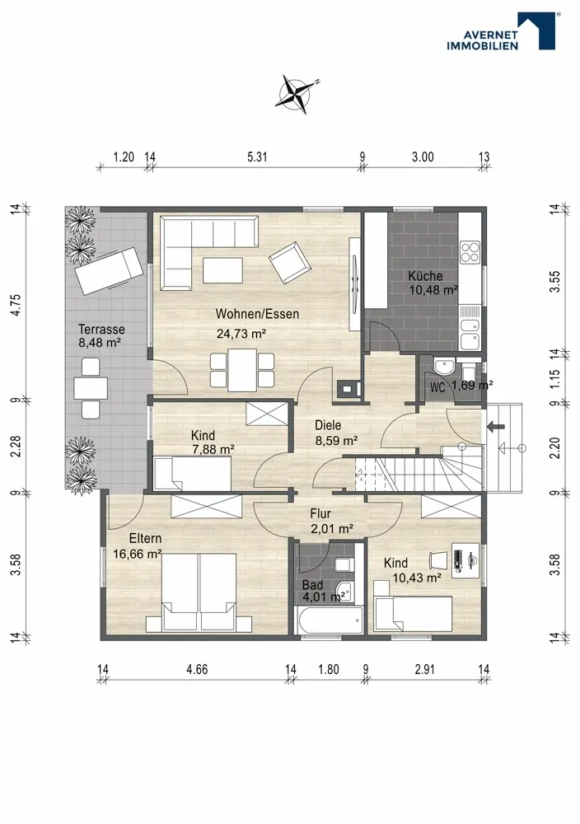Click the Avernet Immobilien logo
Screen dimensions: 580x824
click(501, 31)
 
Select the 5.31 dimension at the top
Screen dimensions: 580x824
click(257, 157)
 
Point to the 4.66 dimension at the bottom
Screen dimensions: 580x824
click(197, 669)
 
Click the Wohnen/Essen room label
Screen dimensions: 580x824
click(257, 314)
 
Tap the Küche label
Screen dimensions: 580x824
click(426, 276)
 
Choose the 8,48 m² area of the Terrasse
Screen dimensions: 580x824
click(101, 343)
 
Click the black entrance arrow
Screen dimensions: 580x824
click(494, 426)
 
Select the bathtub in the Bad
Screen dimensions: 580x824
click(330, 620)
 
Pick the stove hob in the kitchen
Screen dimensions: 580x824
click(470, 251)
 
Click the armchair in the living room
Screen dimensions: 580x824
click(288, 262)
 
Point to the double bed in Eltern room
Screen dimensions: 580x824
click(199, 592)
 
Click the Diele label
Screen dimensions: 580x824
click(328, 425)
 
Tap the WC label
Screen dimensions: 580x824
click(437, 388)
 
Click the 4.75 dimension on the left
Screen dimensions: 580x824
click(16, 305)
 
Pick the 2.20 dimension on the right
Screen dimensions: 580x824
click(554, 447)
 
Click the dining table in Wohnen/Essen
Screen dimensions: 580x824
click(242, 369)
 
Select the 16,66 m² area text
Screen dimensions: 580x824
click(137, 554)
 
